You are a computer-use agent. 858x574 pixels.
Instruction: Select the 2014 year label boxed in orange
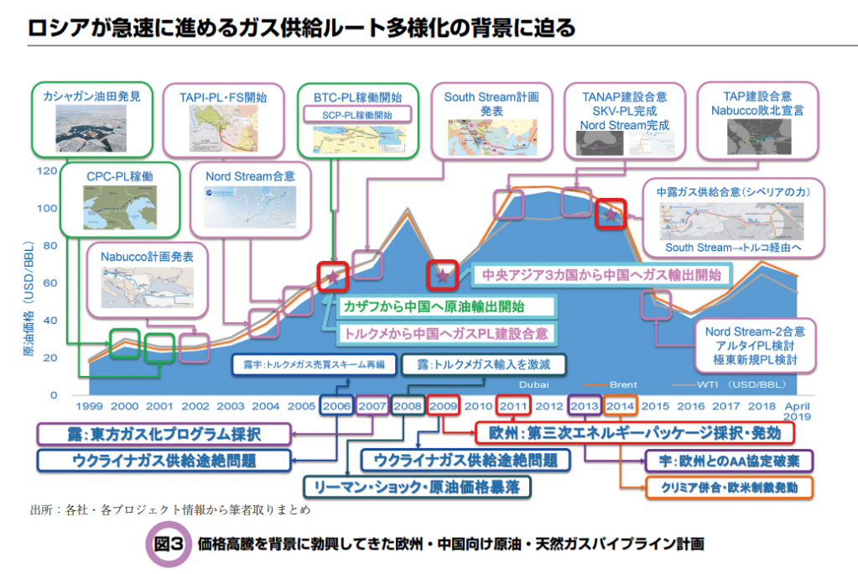[x=620, y=406]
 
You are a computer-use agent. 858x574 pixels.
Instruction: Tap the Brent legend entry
[x=622, y=384]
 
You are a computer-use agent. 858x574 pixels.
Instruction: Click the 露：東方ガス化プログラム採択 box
[x=164, y=434]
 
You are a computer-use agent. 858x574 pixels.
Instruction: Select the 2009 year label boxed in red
[x=442, y=406]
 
